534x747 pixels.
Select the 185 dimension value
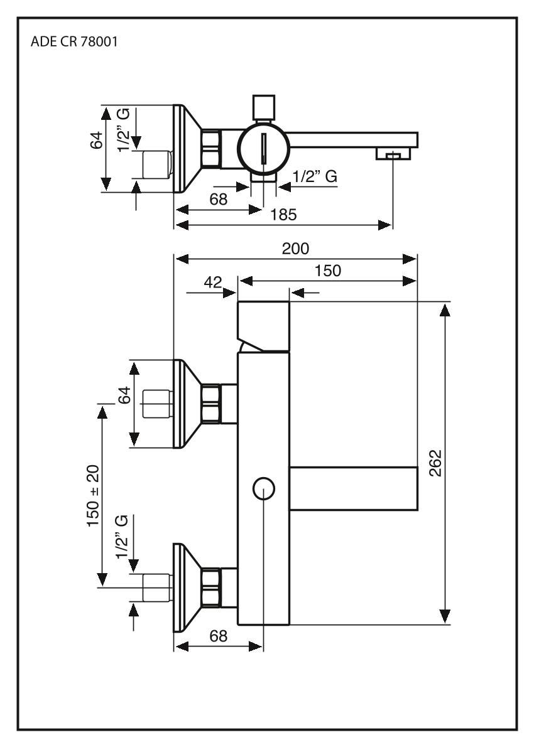[285, 215]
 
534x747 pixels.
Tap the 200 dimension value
[295, 249]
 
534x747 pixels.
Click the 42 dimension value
[213, 282]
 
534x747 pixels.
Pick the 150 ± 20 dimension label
[95, 496]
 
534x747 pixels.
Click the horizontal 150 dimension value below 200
[328, 271]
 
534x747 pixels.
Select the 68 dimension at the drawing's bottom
[219, 635]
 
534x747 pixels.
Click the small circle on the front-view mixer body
[263, 488]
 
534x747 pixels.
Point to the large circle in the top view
[263, 145]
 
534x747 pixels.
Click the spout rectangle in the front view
[354, 488]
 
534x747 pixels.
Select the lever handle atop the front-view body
[263, 326]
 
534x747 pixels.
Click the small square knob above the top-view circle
[263, 107]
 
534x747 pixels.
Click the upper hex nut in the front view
[211, 403]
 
